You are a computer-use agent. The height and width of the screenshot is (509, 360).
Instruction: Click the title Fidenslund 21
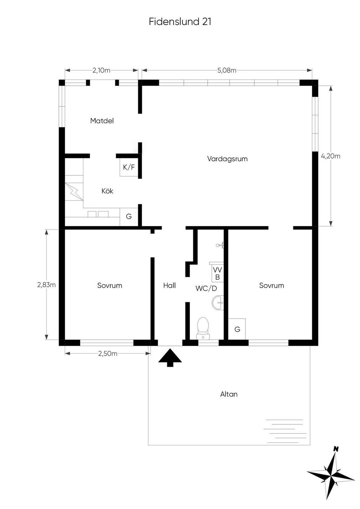(180, 21)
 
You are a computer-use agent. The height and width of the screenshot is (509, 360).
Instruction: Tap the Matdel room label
(102, 120)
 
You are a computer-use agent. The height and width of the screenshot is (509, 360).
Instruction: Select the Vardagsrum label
(227, 159)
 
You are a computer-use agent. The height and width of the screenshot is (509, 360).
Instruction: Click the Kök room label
(107, 191)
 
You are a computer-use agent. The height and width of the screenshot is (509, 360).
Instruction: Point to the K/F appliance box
(129, 167)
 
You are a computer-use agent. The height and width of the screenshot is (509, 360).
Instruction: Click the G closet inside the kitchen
(129, 217)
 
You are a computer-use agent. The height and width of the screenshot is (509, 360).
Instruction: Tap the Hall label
(169, 285)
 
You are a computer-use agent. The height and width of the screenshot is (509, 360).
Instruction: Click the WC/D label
(206, 289)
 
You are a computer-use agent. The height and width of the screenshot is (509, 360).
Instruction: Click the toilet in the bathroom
(203, 328)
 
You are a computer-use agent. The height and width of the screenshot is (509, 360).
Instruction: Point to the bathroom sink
(218, 302)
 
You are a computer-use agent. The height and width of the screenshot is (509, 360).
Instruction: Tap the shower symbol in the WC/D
(220, 245)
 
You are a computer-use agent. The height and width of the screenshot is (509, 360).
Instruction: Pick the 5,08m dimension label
(227, 71)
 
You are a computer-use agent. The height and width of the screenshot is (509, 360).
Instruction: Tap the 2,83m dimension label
(46, 285)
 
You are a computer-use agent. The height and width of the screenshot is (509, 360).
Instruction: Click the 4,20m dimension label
(330, 156)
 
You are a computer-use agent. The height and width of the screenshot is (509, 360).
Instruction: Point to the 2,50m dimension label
(108, 354)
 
